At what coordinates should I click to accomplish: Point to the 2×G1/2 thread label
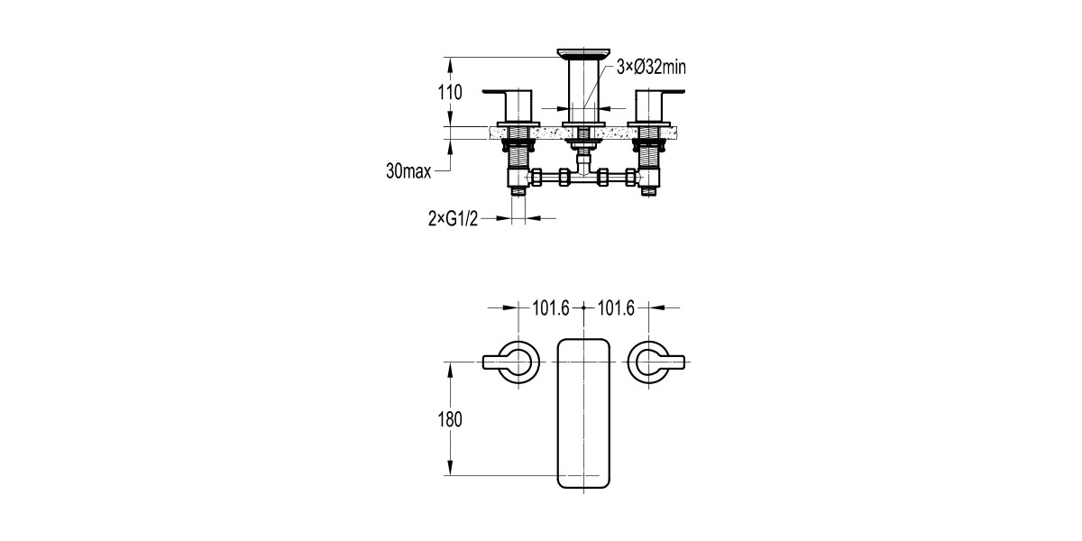click(453, 218)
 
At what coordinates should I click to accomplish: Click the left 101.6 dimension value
click(552, 308)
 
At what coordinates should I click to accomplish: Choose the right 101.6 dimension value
click(618, 308)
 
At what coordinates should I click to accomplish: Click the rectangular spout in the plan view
click(584, 414)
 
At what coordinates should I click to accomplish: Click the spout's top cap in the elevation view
click(584, 53)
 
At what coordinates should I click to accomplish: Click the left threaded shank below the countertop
click(519, 159)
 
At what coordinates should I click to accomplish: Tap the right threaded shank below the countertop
click(650, 159)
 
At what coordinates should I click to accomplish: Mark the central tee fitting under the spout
click(584, 176)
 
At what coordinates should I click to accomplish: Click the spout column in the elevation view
click(584, 90)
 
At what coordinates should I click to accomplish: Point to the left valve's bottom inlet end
click(519, 190)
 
